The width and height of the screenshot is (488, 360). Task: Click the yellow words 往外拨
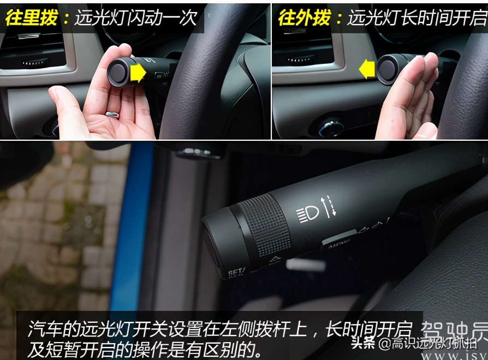[303, 19]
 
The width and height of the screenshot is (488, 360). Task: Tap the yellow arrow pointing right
[139, 72]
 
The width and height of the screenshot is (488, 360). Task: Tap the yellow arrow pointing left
[367, 69]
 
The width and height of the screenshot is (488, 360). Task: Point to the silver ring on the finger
[112, 115]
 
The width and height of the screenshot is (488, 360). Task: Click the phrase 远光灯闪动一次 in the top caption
[130, 19]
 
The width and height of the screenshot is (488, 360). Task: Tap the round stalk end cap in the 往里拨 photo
[117, 73]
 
